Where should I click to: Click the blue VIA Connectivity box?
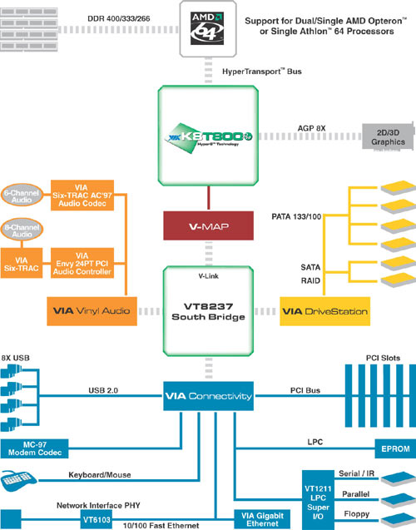208,397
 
